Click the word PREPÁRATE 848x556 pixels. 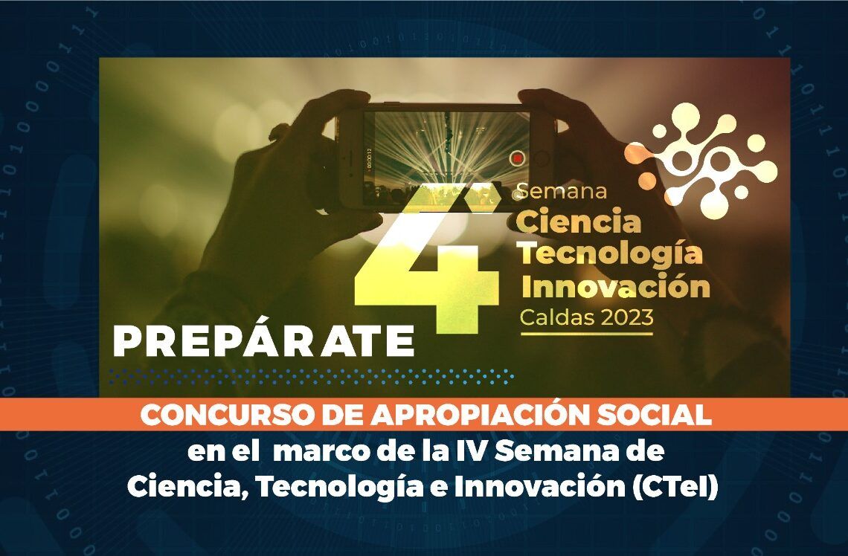pos(263,341)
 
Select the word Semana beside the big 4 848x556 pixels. pos(562,191)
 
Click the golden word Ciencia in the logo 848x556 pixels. pos(579,222)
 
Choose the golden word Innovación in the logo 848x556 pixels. pos(615,286)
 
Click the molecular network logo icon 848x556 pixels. pos(702,161)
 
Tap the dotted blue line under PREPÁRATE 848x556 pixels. pos(311,377)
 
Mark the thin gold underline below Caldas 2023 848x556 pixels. pos(587,334)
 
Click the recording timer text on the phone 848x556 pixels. pos(370,159)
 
